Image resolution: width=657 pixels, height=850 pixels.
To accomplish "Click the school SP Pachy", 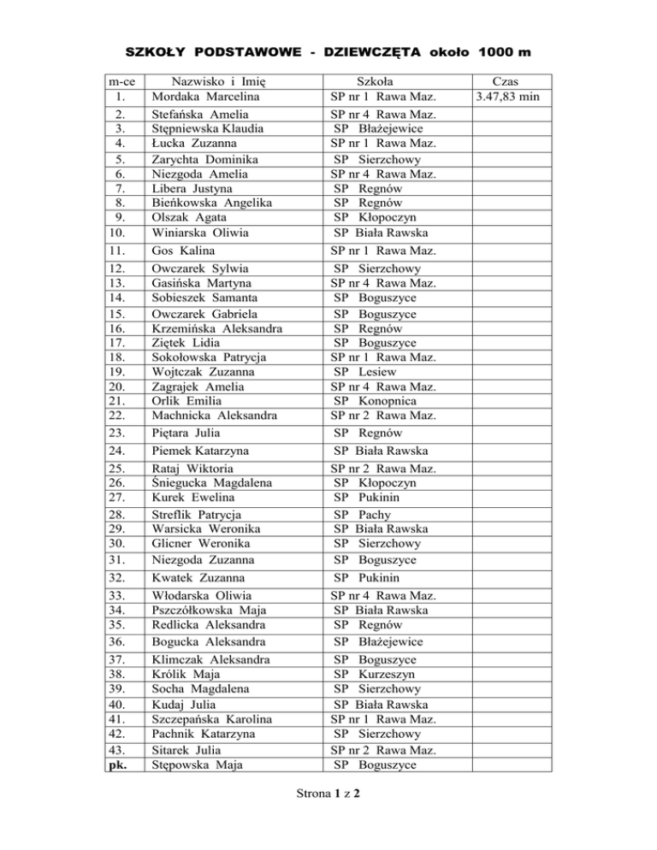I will coord(370,515).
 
